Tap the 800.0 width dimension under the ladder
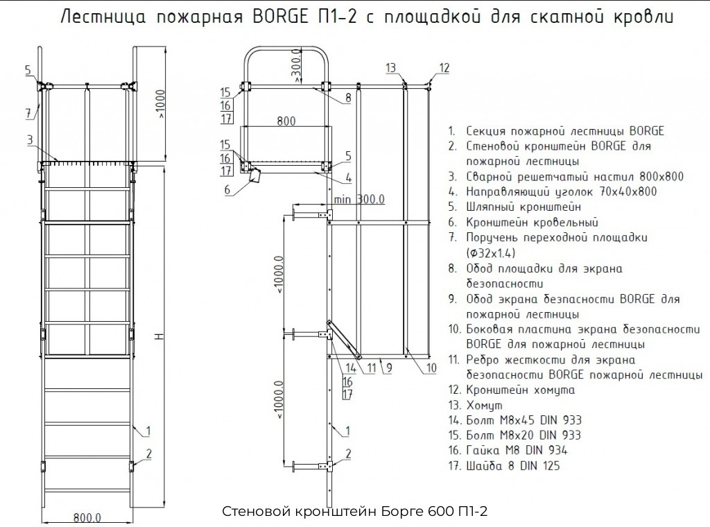[88, 517]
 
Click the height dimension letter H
[158, 336]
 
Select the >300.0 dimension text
[296, 69]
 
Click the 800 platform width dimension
[285, 121]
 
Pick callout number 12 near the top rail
[444, 67]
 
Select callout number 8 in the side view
[349, 98]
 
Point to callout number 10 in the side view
[431, 368]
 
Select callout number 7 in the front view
[28, 112]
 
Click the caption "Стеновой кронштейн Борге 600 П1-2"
[355, 512]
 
